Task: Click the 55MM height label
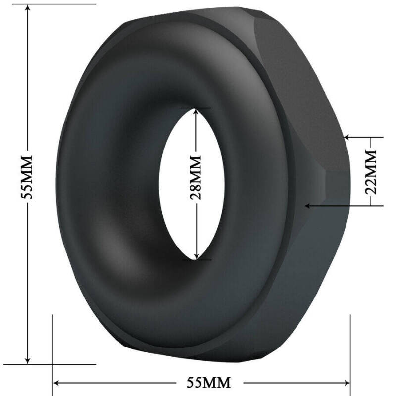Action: (28, 176)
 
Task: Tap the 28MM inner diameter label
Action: (197, 178)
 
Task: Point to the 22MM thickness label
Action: (373, 171)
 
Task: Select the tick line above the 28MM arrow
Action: (197, 107)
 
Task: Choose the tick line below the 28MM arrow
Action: (197, 259)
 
